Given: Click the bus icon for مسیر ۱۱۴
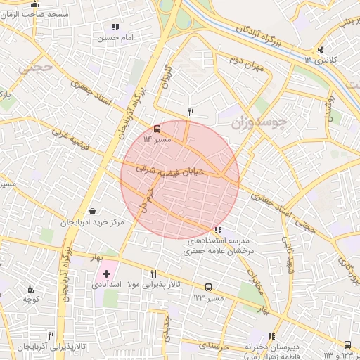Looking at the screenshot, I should pos(156,129).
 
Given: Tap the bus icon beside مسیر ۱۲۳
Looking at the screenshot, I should pos(208,287).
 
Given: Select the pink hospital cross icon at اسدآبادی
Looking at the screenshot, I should pos(106,273).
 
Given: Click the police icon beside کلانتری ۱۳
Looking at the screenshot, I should pos(321,49).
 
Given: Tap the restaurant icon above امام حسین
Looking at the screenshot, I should pos(115,27).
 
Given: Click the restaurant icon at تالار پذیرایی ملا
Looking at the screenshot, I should pos(153,274).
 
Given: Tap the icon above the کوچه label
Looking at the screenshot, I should pos(30,288).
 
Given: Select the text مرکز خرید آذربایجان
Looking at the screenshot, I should pos(91,223).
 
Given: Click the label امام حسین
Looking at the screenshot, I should pos(116,37).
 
